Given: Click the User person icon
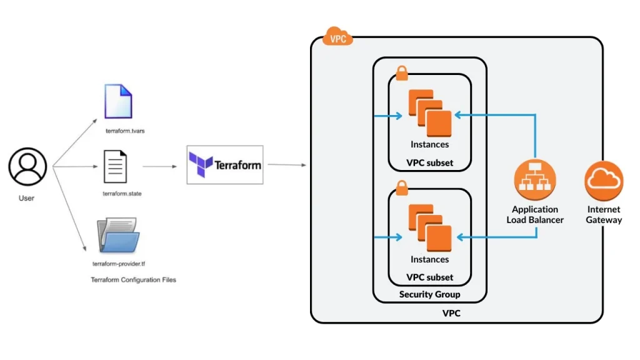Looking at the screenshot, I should [x=27, y=166].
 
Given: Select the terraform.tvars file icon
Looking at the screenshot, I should [x=118, y=101].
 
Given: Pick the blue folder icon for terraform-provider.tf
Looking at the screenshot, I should [x=118, y=236].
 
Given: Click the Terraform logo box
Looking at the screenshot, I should [x=225, y=165].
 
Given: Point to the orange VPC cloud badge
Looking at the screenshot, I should [x=337, y=37].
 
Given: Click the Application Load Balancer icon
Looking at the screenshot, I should [x=534, y=179].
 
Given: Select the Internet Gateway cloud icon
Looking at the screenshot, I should [x=604, y=180].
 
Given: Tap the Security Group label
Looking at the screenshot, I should [x=429, y=294].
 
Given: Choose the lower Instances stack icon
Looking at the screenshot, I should [x=429, y=228].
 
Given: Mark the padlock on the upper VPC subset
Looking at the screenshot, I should [x=401, y=73].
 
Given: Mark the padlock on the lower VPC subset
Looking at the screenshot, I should [x=401, y=186].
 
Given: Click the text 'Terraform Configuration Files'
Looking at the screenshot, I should [x=134, y=279].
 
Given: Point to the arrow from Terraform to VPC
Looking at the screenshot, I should [x=287, y=165].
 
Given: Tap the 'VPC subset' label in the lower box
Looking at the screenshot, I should [x=429, y=277].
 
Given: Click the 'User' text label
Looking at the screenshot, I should [x=26, y=198].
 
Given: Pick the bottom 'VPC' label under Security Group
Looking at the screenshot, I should [x=451, y=312].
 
